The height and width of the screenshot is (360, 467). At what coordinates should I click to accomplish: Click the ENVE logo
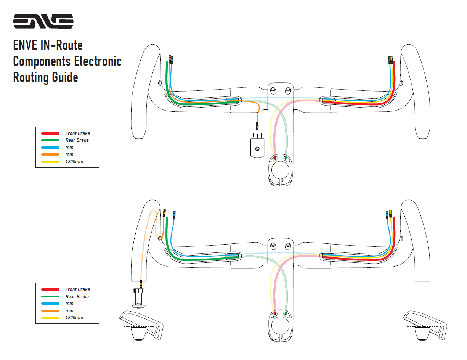click(x=43, y=22)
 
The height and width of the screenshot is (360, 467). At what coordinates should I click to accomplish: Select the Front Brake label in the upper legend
click(x=77, y=133)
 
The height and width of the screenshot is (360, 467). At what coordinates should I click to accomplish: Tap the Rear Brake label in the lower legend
click(x=77, y=297)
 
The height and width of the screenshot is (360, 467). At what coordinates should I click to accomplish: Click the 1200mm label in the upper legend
click(x=74, y=162)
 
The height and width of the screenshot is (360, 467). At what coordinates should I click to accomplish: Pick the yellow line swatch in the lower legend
click(x=50, y=318)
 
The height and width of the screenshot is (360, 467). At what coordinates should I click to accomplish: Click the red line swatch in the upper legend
click(x=50, y=133)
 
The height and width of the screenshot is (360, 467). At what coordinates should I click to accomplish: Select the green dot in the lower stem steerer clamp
click(x=285, y=314)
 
